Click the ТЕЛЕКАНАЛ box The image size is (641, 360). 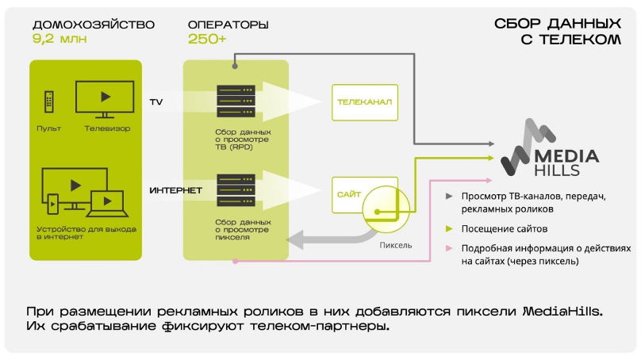[364, 102]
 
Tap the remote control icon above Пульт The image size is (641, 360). [49, 101]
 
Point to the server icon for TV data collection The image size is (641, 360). [236, 101]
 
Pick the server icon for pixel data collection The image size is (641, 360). [236, 190]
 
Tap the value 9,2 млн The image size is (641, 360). [59, 38]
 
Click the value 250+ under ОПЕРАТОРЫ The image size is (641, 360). [207, 38]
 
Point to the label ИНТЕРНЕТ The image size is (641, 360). [176, 191]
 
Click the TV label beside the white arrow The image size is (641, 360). [156, 102]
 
